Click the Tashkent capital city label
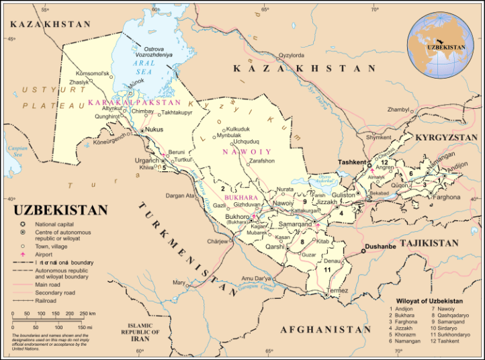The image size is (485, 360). [x=351, y=163]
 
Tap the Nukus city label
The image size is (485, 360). [x=155, y=129]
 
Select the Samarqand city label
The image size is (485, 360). [x=296, y=224]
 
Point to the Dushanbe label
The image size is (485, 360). [x=381, y=246]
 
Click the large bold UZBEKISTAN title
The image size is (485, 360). [x=60, y=210]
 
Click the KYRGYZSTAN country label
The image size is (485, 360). [x=445, y=137]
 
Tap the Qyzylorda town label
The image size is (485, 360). [x=292, y=55]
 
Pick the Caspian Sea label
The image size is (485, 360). [x=14, y=148]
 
